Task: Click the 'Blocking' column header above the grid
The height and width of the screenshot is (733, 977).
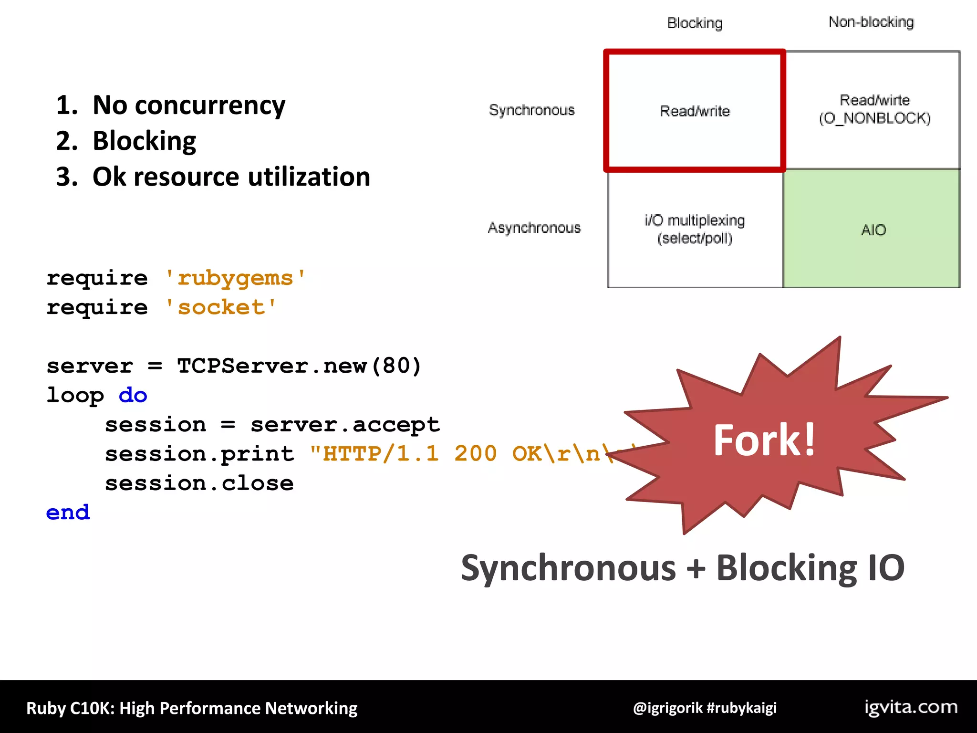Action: (x=695, y=23)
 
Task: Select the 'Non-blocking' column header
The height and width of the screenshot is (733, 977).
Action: (x=871, y=22)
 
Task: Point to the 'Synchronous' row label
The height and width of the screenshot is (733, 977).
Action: (x=531, y=110)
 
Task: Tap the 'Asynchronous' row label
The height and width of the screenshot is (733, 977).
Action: (x=534, y=228)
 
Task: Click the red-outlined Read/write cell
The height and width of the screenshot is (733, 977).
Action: (x=695, y=111)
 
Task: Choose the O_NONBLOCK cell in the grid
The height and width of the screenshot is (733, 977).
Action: (x=874, y=109)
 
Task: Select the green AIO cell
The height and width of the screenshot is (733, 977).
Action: (x=873, y=230)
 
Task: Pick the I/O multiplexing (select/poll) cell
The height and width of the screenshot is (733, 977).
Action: (x=695, y=229)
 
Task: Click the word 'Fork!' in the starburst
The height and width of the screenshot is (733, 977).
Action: (x=764, y=440)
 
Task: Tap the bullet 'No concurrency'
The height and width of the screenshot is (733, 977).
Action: (x=188, y=105)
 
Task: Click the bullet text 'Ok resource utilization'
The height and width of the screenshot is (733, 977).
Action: (x=231, y=177)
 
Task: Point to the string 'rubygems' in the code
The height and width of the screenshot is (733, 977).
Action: (x=235, y=278)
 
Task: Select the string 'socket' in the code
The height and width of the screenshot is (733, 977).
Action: (x=220, y=307)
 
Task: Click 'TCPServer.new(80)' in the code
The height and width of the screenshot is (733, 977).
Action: (x=299, y=366)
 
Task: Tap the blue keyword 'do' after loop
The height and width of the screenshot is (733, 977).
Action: (x=133, y=396)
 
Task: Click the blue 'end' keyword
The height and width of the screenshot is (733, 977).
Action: (x=68, y=513)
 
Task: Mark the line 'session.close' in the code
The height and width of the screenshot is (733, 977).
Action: (x=199, y=483)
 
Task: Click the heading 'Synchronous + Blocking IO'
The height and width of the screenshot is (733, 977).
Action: (x=682, y=568)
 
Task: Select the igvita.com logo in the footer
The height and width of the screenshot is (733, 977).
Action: (x=911, y=707)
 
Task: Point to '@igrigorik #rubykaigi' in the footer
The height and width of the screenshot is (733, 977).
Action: (x=705, y=708)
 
